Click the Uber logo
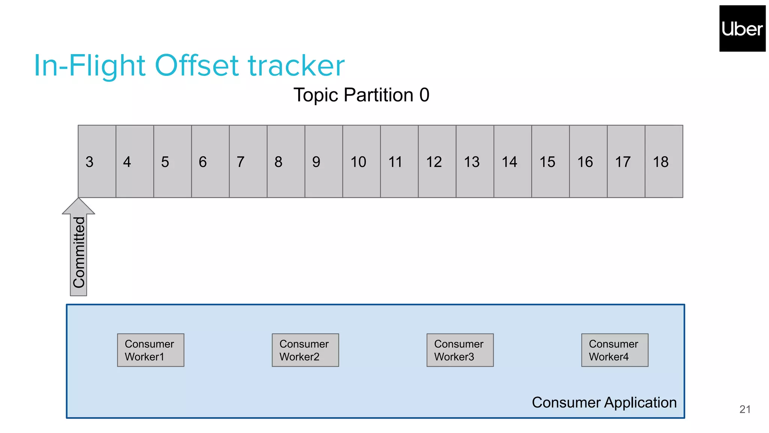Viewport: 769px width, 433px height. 742,29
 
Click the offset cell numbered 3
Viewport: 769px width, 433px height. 97,162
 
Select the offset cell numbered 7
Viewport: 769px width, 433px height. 248,162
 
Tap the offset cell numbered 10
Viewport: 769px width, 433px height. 361,162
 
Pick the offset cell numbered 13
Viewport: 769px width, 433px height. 475,162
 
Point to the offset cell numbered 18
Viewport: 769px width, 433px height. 663,162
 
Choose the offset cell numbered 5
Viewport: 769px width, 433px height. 172,162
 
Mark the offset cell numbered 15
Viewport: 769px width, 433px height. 550,162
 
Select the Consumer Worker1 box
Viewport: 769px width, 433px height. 151,350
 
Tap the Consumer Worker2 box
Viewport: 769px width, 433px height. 305,350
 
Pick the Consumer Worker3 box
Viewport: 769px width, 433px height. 460,350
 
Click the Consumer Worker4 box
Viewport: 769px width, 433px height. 615,350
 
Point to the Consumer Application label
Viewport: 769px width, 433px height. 604,403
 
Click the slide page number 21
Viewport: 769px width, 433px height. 745,409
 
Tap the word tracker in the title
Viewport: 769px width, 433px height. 296,66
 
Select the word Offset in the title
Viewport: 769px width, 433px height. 197,66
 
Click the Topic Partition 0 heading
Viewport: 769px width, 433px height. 361,95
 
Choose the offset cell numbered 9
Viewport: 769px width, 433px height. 323,162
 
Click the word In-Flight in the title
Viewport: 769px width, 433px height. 89,66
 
